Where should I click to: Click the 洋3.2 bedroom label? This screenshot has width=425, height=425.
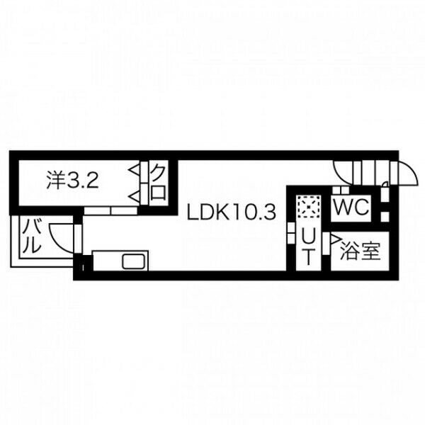pos(72,180)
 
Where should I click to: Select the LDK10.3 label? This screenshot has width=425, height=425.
pos(232,212)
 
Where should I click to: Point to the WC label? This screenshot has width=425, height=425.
pos(351,208)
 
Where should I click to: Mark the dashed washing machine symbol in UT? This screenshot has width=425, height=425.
pos(308,207)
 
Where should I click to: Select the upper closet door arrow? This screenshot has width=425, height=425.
pos(134,170)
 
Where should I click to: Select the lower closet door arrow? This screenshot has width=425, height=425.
pos(134,196)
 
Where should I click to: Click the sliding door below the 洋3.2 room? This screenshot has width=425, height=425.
pos(110,210)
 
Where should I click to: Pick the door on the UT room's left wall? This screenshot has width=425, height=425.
pos(291,233)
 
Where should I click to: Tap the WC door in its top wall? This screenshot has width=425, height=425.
pos(341,190)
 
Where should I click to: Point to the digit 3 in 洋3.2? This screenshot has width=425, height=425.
pos(72,180)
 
